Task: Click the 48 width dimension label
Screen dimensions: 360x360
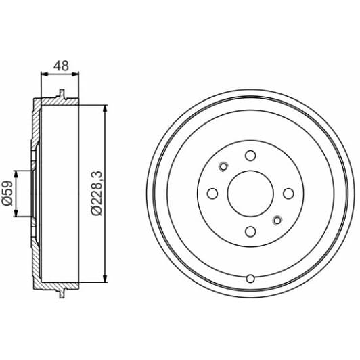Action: click(x=61, y=66)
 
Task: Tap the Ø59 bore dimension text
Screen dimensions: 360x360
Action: click(x=7, y=193)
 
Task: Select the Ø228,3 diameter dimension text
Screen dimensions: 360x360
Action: click(x=96, y=193)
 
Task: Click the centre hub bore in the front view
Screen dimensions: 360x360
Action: click(x=250, y=194)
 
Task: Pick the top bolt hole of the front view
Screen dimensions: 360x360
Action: click(x=250, y=156)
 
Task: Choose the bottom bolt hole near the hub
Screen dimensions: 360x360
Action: click(x=250, y=231)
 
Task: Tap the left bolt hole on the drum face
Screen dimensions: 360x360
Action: click(x=212, y=194)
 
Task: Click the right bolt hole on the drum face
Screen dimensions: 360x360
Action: click(x=288, y=194)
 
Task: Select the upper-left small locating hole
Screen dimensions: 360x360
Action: click(x=223, y=166)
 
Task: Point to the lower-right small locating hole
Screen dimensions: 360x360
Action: click(x=277, y=221)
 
